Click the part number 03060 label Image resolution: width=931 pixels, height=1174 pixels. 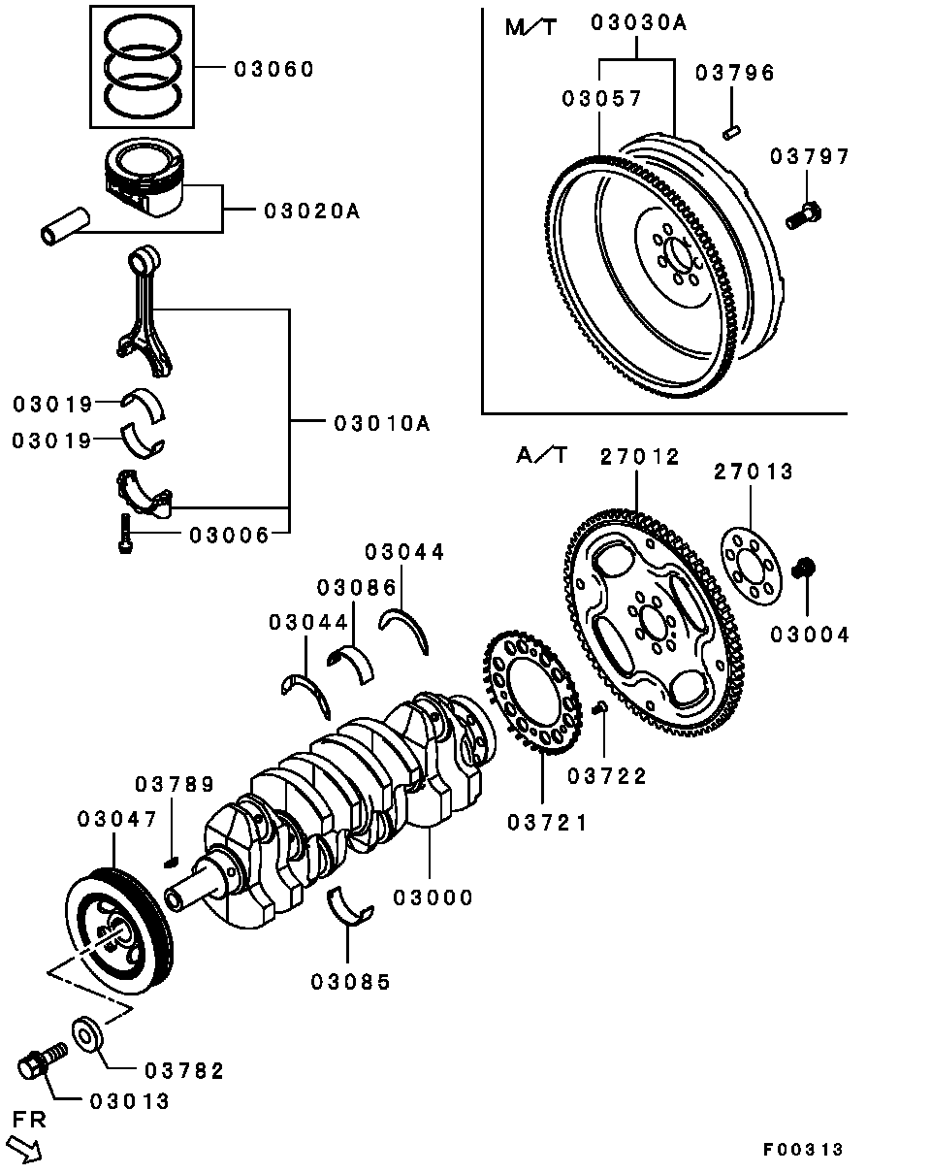pyautogui.click(x=273, y=70)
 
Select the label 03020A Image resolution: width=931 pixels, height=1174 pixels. pyautogui.click(x=310, y=211)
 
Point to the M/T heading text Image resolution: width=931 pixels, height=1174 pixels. pyautogui.click(x=530, y=27)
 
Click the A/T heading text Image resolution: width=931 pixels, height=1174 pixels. pyautogui.click(x=542, y=455)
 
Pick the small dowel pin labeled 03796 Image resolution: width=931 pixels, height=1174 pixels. pyautogui.click(x=733, y=128)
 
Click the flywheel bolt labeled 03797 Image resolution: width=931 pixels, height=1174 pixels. pyautogui.click(x=802, y=214)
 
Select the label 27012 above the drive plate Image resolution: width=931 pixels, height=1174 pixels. pyautogui.click(x=640, y=456)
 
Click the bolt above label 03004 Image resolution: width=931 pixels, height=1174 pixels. pyautogui.click(x=804, y=568)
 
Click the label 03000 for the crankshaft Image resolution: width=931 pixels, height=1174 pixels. pyautogui.click(x=433, y=897)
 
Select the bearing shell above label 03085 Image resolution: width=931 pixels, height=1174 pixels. pyautogui.click(x=350, y=907)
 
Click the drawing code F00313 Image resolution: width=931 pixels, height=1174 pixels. pyautogui.click(x=802, y=1150)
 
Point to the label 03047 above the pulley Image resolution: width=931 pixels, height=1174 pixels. pyautogui.click(x=116, y=820)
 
